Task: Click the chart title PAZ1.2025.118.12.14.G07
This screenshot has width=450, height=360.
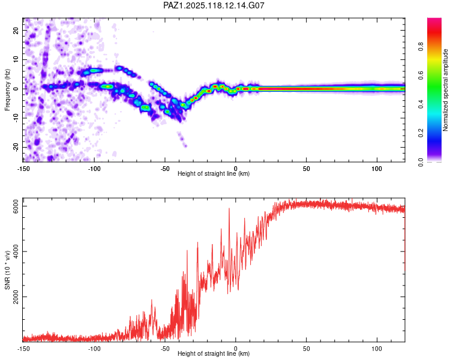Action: pos(214,5)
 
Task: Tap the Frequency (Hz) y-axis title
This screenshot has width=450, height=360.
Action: pos(7,90)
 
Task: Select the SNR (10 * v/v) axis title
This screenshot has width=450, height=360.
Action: pos(7,270)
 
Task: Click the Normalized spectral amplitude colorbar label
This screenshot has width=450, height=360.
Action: pos(445,90)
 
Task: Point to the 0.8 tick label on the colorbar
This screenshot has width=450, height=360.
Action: pos(421,47)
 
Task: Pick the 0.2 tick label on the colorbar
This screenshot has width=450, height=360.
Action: pos(421,133)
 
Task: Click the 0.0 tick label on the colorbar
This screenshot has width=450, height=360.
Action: pos(421,162)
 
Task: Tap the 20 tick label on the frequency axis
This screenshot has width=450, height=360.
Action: pos(16,30)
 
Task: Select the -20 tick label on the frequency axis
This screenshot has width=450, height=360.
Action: pos(16,148)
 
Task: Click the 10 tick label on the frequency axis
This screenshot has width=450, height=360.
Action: pos(16,59)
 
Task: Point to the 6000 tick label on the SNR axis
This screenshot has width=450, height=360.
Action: pos(16,206)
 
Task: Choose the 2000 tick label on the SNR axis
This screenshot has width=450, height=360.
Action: pos(16,297)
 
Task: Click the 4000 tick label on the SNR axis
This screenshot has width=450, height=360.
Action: pos(16,251)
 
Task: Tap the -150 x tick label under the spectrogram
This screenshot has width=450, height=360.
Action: pos(23,169)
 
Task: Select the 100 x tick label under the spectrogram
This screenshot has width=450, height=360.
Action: pos(377,169)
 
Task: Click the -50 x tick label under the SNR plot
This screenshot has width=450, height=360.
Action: pos(165,349)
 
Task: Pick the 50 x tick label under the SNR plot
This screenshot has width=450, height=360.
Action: pos(306,349)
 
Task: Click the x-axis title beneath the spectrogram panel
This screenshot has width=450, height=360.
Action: pos(214,173)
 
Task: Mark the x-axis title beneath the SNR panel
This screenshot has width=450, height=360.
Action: pos(214,353)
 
